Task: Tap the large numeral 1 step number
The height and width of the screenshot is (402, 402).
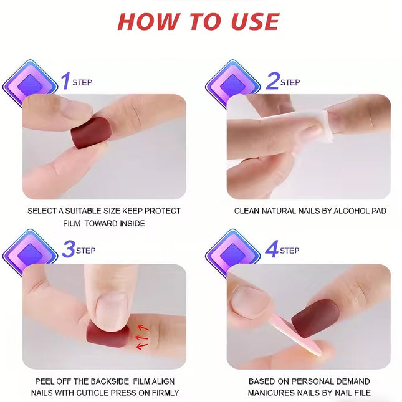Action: pos(65,80)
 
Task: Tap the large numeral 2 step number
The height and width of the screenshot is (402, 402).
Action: pos(272,80)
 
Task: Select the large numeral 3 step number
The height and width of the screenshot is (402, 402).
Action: pos(68,250)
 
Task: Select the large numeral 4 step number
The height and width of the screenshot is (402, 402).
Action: pos(272,250)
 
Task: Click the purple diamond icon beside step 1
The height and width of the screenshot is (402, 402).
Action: pos(30,84)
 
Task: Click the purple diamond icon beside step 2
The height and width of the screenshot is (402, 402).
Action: pos(232,84)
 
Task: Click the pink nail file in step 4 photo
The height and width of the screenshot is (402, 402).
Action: pos(293,334)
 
